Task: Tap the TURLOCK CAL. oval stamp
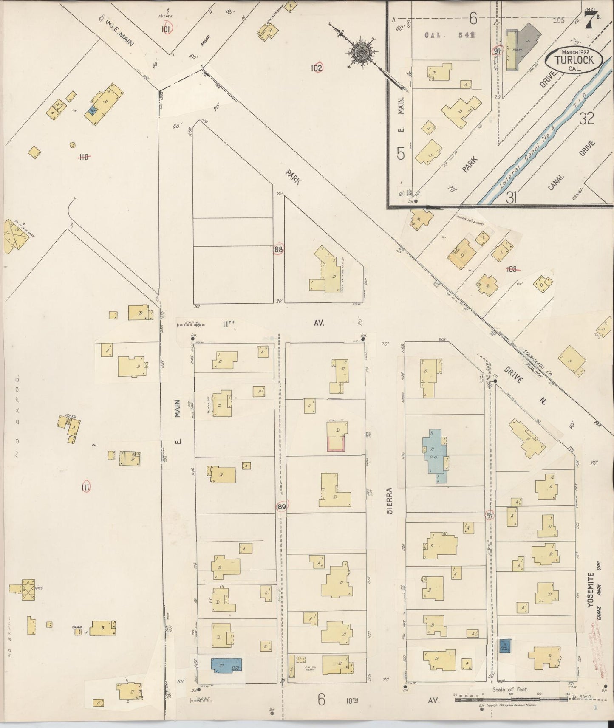[x=577, y=60]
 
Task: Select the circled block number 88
[x=278, y=250]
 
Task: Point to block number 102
[x=317, y=67]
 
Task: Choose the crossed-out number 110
[x=84, y=157]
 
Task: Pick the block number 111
[x=85, y=488]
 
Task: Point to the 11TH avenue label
[x=228, y=324]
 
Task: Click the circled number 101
[x=167, y=29]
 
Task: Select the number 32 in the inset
[x=586, y=119]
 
